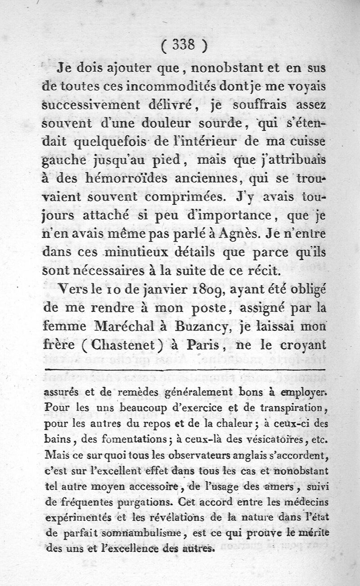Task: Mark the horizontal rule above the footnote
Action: pyautogui.click(x=184, y=371)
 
